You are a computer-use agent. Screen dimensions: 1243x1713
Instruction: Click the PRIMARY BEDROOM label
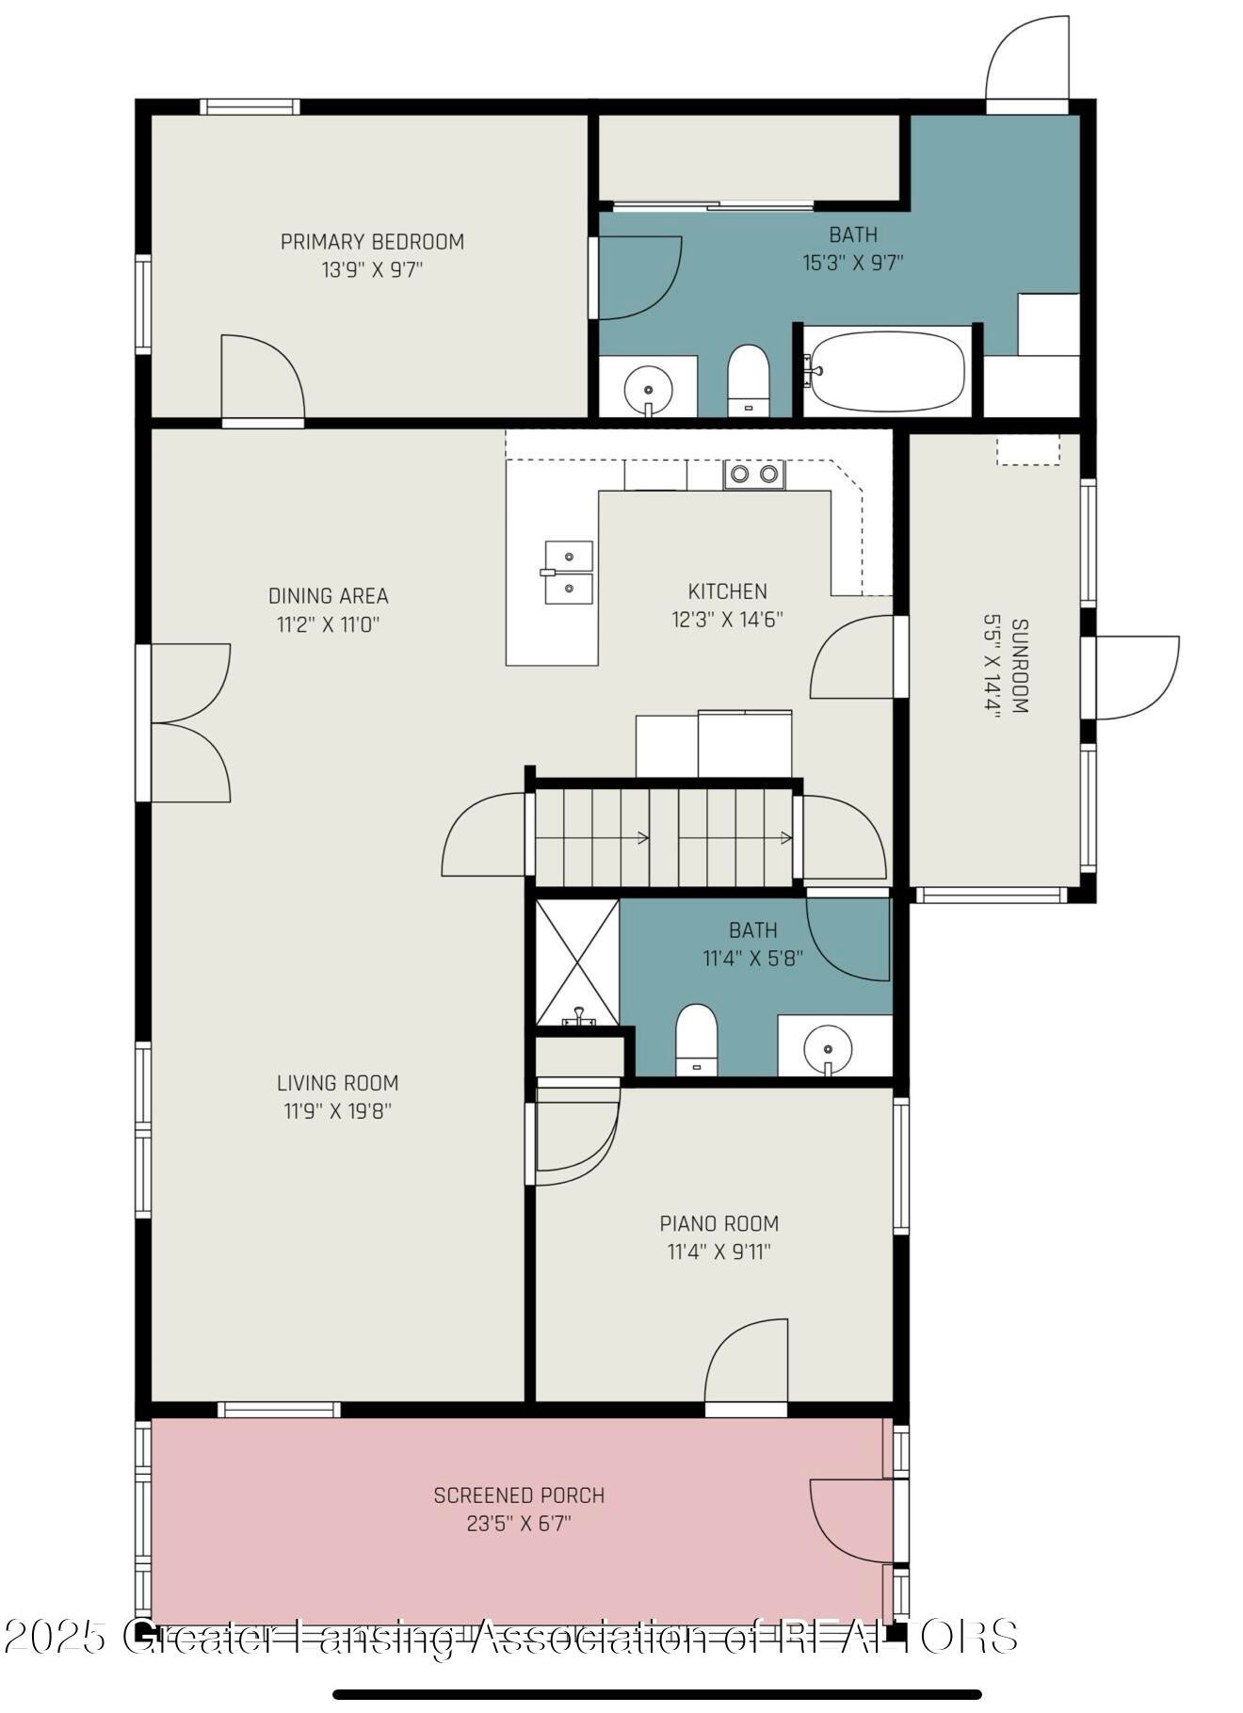point(372,242)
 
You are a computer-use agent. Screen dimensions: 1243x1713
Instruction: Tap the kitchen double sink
point(569,573)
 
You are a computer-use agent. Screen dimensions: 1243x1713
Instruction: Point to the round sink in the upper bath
point(648,387)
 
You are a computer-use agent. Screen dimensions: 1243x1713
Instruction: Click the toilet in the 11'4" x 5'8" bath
point(697,1040)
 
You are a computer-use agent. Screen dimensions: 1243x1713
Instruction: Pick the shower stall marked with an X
point(577,962)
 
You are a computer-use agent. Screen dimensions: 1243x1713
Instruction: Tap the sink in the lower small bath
point(828,1047)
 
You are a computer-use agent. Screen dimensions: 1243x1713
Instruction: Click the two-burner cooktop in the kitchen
point(754,474)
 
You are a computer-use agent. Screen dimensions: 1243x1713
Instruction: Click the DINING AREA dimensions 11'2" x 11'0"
point(329,624)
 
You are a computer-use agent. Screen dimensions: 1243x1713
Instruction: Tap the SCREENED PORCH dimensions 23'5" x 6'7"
point(519,1524)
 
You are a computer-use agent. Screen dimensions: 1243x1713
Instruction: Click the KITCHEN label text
point(728,591)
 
